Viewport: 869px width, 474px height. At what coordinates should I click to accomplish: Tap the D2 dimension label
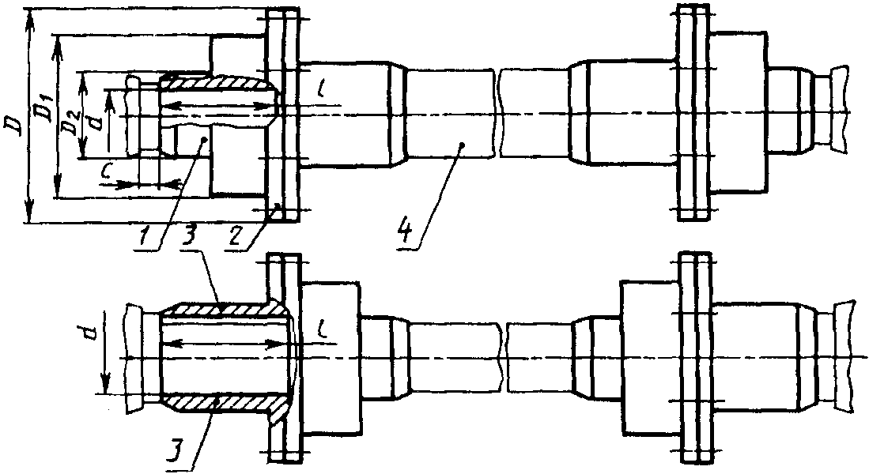tap(70, 126)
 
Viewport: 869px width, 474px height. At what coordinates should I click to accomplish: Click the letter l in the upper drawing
tap(322, 88)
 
